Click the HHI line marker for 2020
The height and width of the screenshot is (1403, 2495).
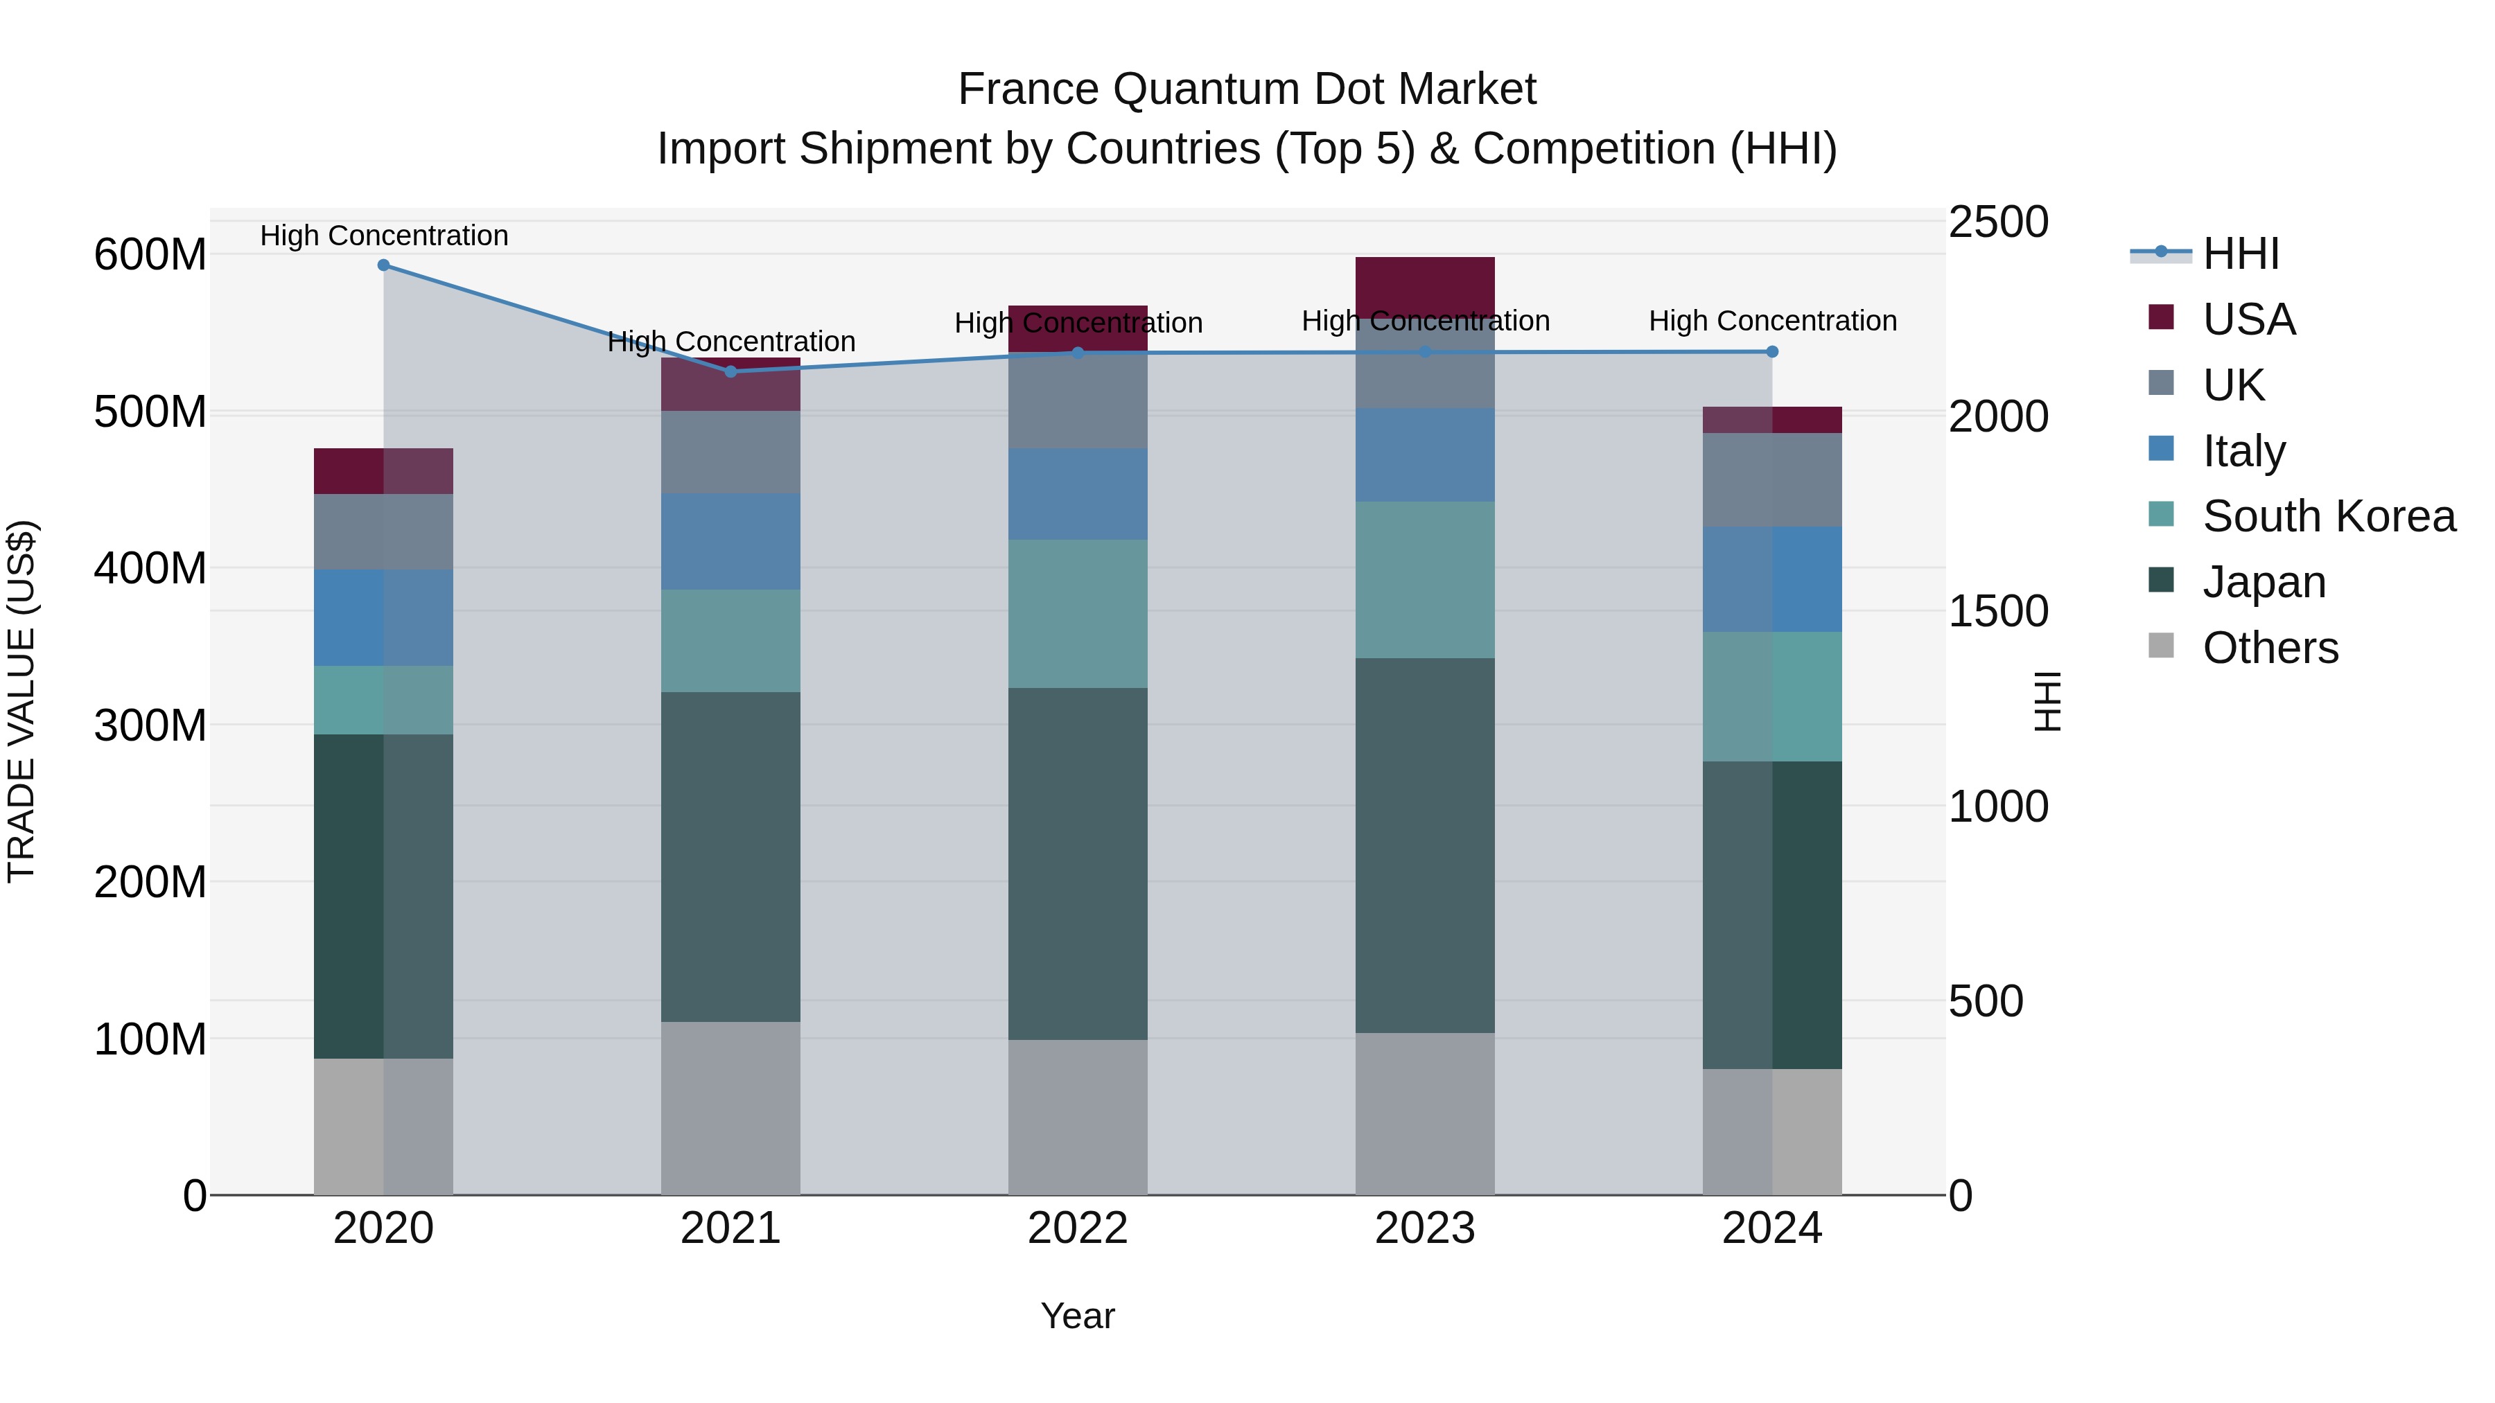click(383, 265)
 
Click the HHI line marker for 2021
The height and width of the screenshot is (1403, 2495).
click(730, 372)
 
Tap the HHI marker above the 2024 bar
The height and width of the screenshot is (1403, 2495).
click(1771, 353)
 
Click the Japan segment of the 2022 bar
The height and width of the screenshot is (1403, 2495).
click(1078, 864)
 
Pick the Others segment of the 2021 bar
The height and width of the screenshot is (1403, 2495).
click(730, 1108)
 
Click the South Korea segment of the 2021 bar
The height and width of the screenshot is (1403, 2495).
click(730, 640)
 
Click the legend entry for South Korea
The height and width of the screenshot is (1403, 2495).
click(2329, 516)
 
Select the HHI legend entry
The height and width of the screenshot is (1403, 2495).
click(2240, 254)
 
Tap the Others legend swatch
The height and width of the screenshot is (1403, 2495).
click(2161, 646)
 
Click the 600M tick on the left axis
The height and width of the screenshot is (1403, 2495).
click(150, 256)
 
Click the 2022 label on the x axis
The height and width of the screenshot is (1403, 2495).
click(1078, 1228)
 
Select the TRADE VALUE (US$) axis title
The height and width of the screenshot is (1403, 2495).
click(21, 701)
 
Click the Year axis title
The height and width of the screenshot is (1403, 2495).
click(1078, 1316)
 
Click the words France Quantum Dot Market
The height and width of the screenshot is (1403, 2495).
click(1247, 89)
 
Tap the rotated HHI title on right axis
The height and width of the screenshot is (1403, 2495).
click(2047, 701)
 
